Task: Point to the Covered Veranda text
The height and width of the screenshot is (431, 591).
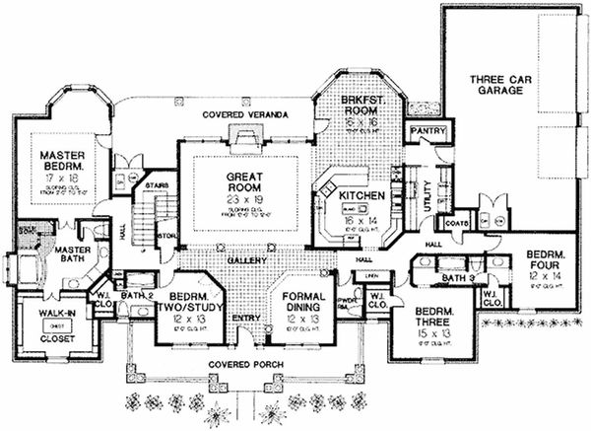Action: [246, 115]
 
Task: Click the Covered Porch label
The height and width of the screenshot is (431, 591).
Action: [244, 364]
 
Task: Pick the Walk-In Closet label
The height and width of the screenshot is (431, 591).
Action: [58, 323]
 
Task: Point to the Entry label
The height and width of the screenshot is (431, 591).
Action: [246, 318]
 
